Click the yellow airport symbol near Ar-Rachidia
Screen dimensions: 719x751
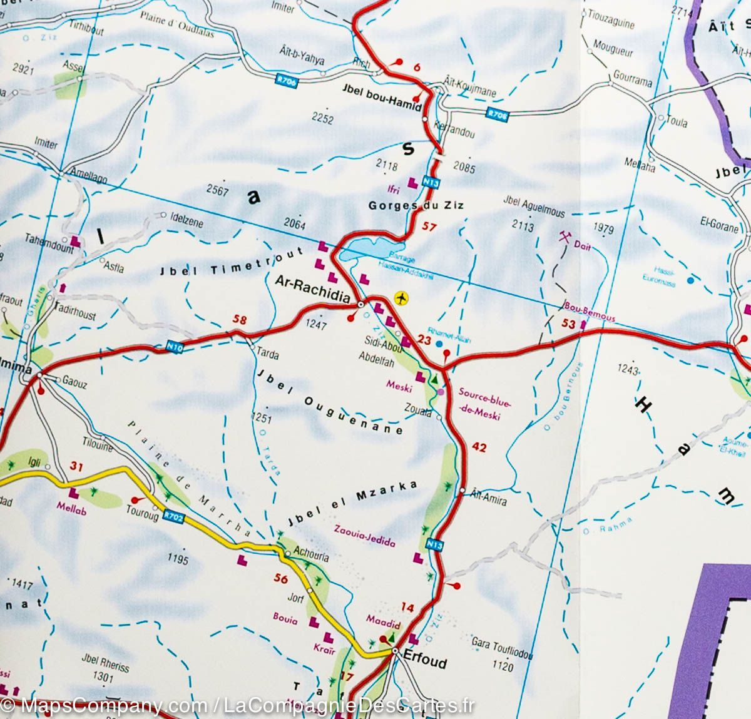coord(402,298)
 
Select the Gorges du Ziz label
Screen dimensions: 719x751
coord(416,205)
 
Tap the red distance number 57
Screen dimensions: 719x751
coord(429,227)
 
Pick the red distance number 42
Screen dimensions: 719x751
coord(479,447)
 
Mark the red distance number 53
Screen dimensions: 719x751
coord(568,323)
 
